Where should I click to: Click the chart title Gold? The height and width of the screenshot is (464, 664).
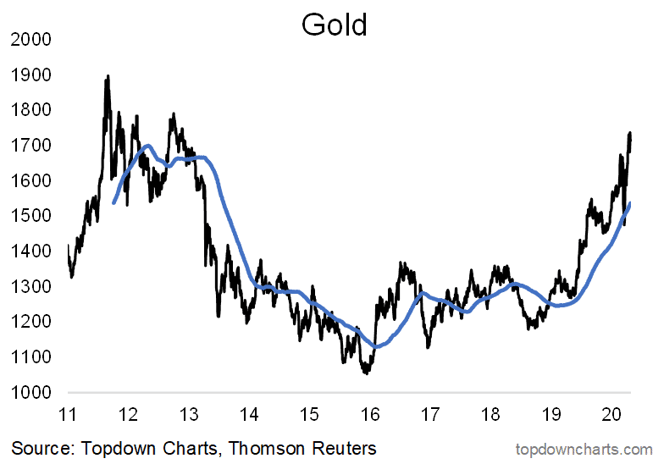click(334, 25)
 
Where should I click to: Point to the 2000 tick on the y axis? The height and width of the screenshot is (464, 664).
click(31, 40)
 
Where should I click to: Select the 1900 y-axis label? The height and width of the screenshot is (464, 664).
click(31, 75)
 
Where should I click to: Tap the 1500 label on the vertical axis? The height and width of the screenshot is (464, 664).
click(31, 217)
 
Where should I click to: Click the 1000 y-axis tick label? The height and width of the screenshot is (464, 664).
click(31, 393)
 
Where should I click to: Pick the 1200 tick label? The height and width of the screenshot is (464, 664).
click(31, 323)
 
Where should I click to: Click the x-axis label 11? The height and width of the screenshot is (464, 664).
click(68, 415)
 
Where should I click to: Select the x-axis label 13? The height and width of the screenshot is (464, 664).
click(189, 415)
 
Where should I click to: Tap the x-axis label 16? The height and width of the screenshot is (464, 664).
click(369, 415)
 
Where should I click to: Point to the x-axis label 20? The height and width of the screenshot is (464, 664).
click(611, 415)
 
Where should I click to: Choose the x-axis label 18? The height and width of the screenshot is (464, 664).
click(490, 415)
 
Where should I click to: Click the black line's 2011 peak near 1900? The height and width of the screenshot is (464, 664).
click(107, 77)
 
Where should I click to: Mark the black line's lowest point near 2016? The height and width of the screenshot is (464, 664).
click(367, 372)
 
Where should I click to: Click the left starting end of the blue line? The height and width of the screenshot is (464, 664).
click(113, 202)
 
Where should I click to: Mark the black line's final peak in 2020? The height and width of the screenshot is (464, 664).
click(629, 133)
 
